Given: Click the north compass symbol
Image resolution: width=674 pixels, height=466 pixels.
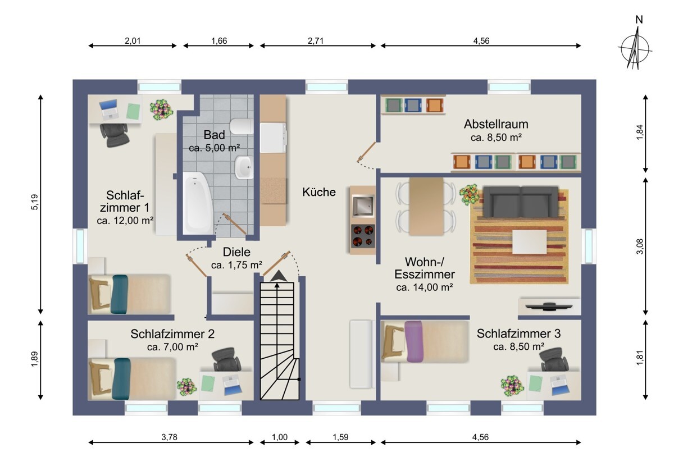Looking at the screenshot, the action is tap(635, 48).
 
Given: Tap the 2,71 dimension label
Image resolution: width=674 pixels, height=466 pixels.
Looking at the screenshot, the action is tap(315, 40).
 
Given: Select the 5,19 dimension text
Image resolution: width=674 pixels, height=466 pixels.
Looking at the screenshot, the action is tap(35, 202).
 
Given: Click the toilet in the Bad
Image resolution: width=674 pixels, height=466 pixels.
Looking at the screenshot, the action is tap(242, 126).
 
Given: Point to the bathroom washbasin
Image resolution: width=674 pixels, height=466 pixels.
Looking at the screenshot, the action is tap(244, 167).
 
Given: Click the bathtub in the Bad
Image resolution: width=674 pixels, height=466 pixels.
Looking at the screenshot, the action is tap(198, 203).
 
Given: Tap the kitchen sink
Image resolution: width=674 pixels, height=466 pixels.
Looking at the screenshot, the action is tap(363, 205).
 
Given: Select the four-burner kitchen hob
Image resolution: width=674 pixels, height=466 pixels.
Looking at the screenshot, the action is tap(363, 236).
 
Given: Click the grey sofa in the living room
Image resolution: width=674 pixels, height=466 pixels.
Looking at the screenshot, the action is tap(520, 202).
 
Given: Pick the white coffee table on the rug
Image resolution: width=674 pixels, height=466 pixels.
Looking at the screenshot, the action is tap(530, 241).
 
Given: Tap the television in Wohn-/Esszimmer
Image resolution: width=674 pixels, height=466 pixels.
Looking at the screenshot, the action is tap(549, 306).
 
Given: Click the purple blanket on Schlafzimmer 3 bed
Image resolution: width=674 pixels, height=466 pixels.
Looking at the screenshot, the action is tap(414, 341).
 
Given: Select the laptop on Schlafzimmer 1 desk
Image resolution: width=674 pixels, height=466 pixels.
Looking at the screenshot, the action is tap(108, 108).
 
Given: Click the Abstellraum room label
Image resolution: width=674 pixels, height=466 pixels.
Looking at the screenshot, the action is tap(496, 124).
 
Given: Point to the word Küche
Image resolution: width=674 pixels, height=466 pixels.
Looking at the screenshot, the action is tap(319, 192).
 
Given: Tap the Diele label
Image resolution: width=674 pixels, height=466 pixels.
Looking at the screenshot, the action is tap(236, 252).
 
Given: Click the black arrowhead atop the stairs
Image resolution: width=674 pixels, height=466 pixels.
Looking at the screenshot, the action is tap(279, 276).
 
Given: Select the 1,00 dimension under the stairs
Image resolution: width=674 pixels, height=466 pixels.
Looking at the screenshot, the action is tap(280, 437).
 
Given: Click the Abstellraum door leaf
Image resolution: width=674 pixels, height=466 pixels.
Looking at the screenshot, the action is tap(366, 152).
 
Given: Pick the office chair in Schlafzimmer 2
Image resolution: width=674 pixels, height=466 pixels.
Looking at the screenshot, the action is tap(226, 359).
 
